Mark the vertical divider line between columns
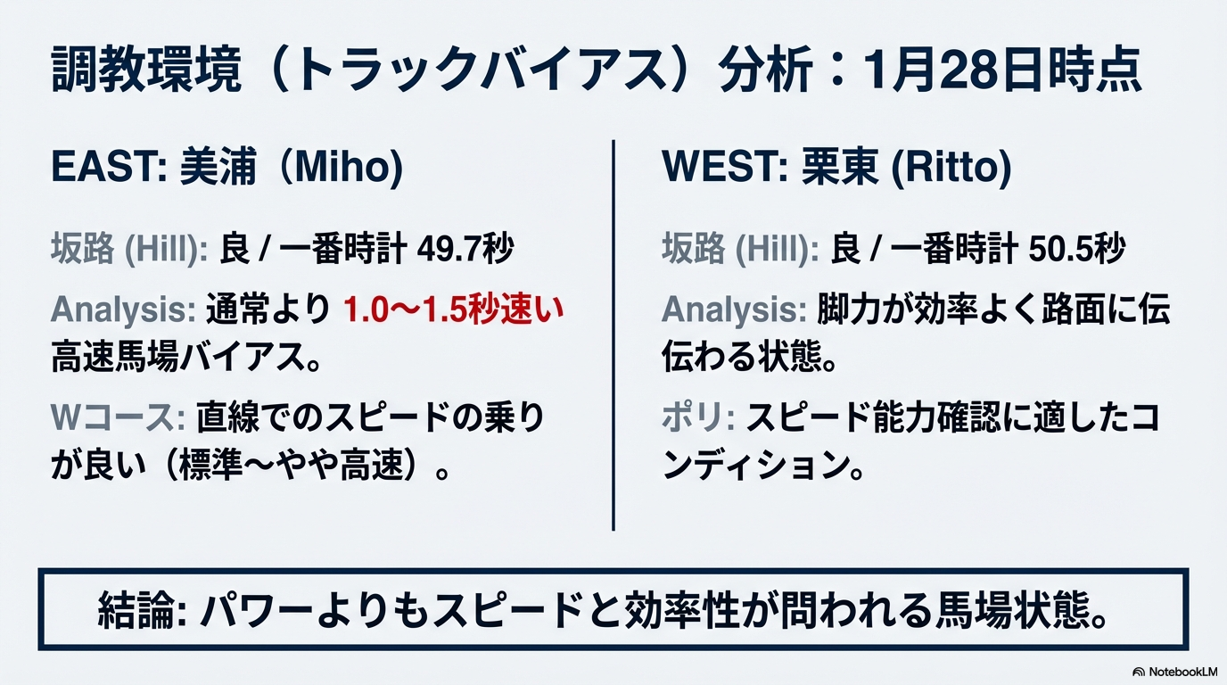point(613,334)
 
